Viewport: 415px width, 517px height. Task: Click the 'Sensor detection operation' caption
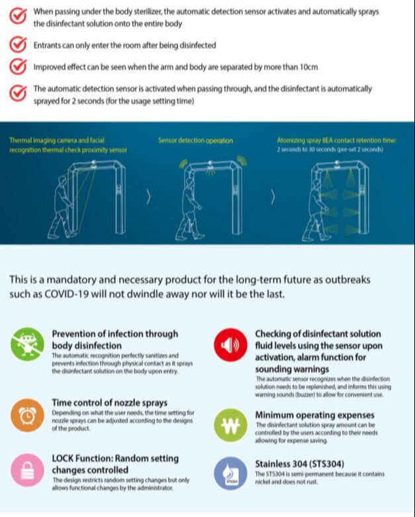(x=195, y=140)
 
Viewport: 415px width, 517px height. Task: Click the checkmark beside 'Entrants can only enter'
(x=19, y=44)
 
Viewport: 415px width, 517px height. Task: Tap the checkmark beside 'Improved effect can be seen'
(x=19, y=67)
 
